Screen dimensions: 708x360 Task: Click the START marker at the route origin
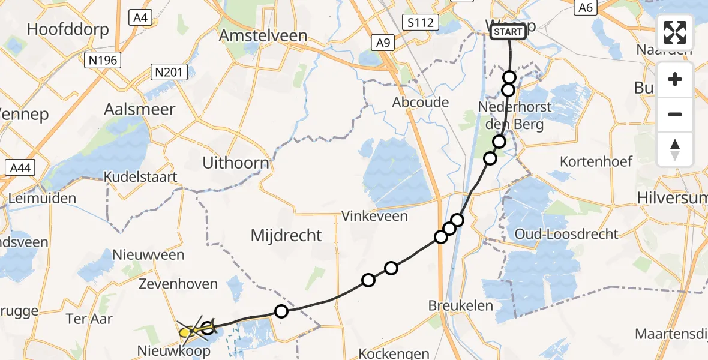tap(508, 32)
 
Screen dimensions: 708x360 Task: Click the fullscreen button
tap(675, 32)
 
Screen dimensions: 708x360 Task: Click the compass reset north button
tap(675, 149)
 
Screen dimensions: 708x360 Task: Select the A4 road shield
tap(140, 18)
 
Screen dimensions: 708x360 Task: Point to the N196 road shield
tap(104, 60)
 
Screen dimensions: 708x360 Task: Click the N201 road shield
tap(170, 73)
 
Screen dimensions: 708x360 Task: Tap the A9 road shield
tap(382, 42)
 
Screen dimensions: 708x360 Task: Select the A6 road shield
tap(585, 7)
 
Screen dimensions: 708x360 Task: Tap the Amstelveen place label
tap(263, 35)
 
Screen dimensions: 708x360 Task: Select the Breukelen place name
tap(461, 305)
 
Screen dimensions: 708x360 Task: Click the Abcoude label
tap(421, 102)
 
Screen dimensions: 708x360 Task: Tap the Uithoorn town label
tap(235, 163)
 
